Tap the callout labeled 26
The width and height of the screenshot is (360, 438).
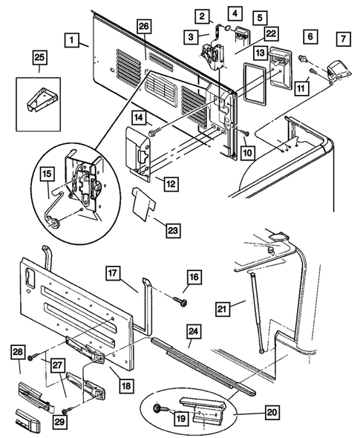pyautogui.click(x=143, y=27)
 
